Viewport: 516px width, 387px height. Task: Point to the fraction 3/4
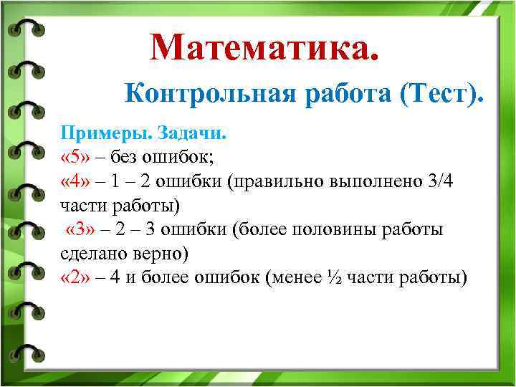pos(439,181)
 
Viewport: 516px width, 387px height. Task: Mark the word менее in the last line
pos(295,279)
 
